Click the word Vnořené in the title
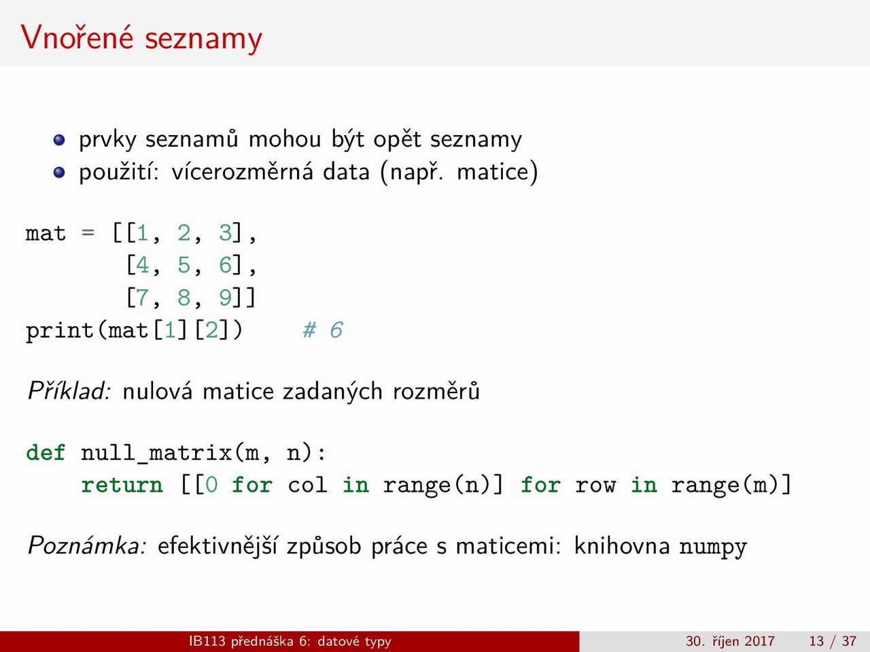tap(77, 37)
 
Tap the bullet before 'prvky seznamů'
tap(59, 140)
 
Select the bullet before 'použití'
tap(59, 173)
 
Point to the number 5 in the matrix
tap(184, 265)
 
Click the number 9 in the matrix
tap(225, 297)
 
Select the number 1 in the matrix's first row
tap(143, 233)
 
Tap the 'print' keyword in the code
tap(59, 331)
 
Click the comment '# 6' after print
tap(323, 330)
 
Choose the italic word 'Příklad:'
tap(69, 391)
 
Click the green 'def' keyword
tap(46, 452)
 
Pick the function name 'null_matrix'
tap(156, 453)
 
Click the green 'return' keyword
tap(122, 484)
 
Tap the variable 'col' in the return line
tap(308, 484)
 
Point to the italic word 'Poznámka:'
tap(87, 545)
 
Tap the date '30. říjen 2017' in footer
tap(730, 641)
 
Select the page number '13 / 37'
tap(833, 641)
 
